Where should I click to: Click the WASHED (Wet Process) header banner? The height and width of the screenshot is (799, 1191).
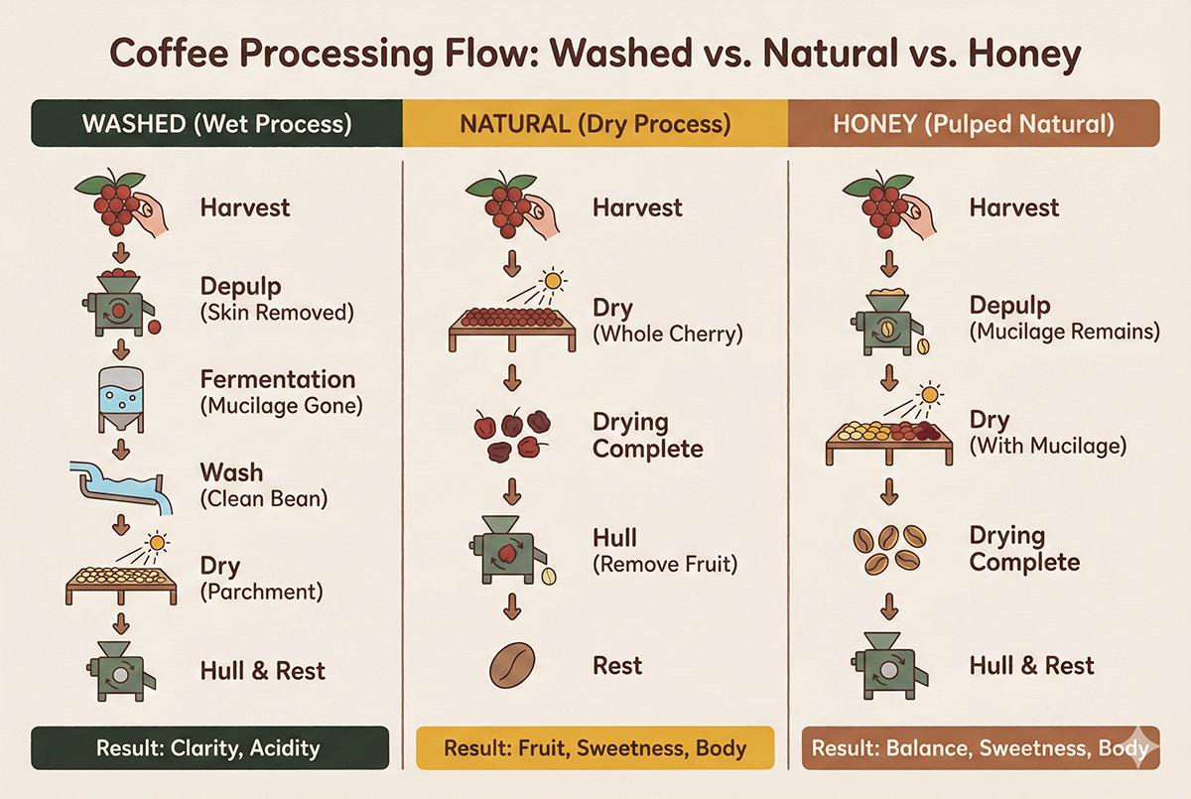pos(216,123)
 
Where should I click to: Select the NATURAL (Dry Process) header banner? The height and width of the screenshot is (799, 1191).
pos(595,123)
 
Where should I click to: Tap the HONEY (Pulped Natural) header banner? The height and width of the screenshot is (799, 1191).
pos(974,123)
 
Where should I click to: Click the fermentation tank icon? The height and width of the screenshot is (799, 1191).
pos(121,399)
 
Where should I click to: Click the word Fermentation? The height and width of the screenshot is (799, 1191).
pos(278,379)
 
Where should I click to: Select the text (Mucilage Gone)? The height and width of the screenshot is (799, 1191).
pos(281,406)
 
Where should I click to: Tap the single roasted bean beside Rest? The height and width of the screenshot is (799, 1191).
pos(511,666)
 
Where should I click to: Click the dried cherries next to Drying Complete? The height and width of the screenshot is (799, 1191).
pos(512,434)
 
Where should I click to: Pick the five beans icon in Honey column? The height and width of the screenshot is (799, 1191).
pos(889,550)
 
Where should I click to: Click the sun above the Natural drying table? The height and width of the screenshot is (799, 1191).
pos(553,281)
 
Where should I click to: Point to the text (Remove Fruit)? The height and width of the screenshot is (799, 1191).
pos(665,564)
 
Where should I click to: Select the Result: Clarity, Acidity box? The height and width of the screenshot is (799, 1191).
pos(210,747)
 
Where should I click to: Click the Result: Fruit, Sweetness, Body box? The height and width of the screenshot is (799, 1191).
pos(595,747)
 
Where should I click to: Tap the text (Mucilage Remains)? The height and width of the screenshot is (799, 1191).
pos(1064,332)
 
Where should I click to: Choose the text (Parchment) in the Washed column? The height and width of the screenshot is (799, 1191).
pos(262,592)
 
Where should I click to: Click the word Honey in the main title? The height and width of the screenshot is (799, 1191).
pos(1024,55)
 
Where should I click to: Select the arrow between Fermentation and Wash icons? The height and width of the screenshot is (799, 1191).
pos(121,450)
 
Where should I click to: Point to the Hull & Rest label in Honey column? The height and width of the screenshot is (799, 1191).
pos(1031,666)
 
